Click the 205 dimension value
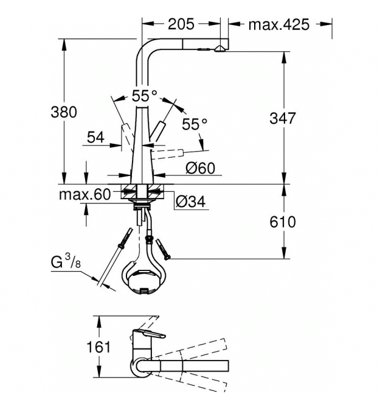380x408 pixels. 181,24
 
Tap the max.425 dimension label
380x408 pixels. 278,25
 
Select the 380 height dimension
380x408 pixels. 64,112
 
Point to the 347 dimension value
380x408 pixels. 283,118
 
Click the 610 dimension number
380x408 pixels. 283,222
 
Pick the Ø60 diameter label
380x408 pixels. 200,168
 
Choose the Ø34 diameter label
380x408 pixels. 190,202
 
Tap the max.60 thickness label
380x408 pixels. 85,194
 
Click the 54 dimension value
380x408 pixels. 95,137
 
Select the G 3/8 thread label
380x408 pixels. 66,261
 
